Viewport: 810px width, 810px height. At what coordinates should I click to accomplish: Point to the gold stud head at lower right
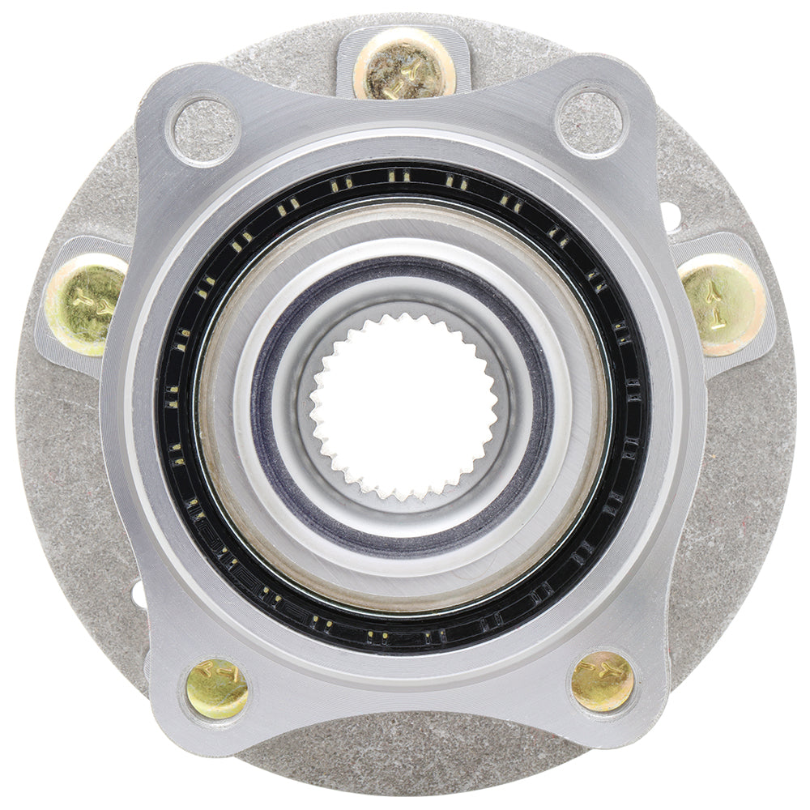click(x=602, y=681)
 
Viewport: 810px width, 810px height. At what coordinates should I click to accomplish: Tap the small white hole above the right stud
click(x=670, y=215)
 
